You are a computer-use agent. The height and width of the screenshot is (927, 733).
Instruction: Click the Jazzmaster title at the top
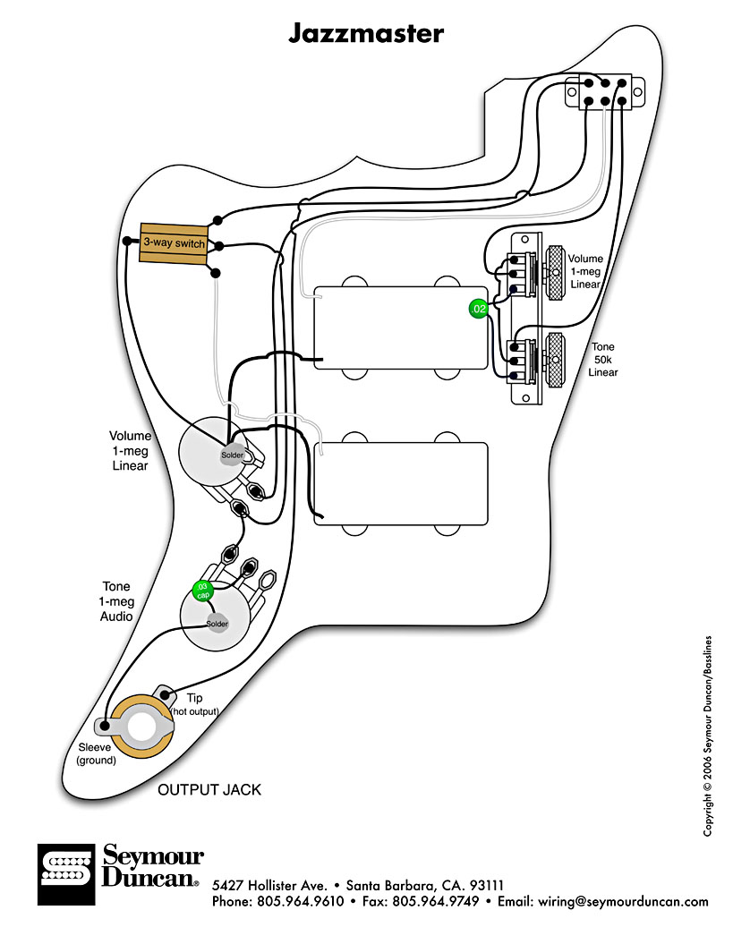click(x=365, y=33)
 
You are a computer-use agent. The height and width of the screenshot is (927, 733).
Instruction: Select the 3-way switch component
click(x=174, y=243)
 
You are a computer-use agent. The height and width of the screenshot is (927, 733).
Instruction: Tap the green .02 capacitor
click(x=479, y=309)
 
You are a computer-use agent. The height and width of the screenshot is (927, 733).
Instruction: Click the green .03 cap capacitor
click(x=202, y=590)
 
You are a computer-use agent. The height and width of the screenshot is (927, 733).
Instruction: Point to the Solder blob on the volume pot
click(x=232, y=455)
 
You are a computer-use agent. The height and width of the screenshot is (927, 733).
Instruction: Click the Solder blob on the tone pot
click(x=217, y=624)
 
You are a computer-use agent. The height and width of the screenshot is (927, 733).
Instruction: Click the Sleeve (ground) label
click(x=96, y=753)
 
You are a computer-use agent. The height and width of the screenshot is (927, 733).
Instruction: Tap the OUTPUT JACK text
click(x=209, y=789)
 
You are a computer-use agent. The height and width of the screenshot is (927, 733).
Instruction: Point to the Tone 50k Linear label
click(x=603, y=359)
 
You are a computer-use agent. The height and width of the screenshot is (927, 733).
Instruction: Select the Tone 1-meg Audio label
click(x=116, y=601)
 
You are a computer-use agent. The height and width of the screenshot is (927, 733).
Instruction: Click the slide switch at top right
click(x=606, y=92)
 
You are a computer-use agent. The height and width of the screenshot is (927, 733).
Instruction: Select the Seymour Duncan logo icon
click(x=64, y=874)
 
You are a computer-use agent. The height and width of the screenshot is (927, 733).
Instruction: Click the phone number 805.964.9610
click(x=300, y=902)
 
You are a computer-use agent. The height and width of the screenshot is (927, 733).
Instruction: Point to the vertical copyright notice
click(x=707, y=736)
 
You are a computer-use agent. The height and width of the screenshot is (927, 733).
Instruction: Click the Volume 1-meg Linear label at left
click(x=131, y=451)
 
